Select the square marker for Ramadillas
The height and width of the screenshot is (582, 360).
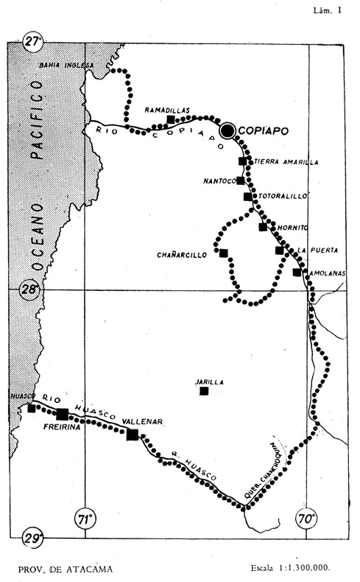[171, 119]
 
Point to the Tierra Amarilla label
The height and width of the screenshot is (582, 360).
[280, 161]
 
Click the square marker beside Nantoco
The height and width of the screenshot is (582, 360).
[240, 180]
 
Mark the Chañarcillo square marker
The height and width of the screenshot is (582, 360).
[223, 253]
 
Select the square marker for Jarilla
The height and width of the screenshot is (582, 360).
[203, 390]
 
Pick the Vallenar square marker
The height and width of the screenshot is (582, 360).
[133, 435]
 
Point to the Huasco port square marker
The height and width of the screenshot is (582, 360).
[31, 408]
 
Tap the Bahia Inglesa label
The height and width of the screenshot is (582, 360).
[66, 66]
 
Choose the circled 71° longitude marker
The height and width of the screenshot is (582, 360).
[85, 519]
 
